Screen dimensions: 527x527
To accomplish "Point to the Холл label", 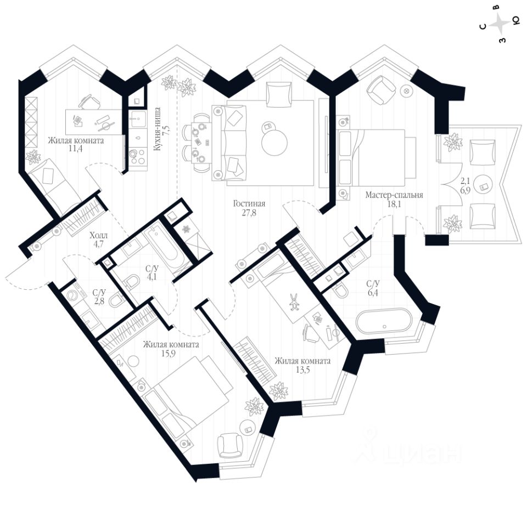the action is coord(99,236).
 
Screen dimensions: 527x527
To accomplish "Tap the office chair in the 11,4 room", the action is coord(87,102).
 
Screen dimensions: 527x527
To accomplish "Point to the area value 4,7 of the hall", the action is coord(99,245).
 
